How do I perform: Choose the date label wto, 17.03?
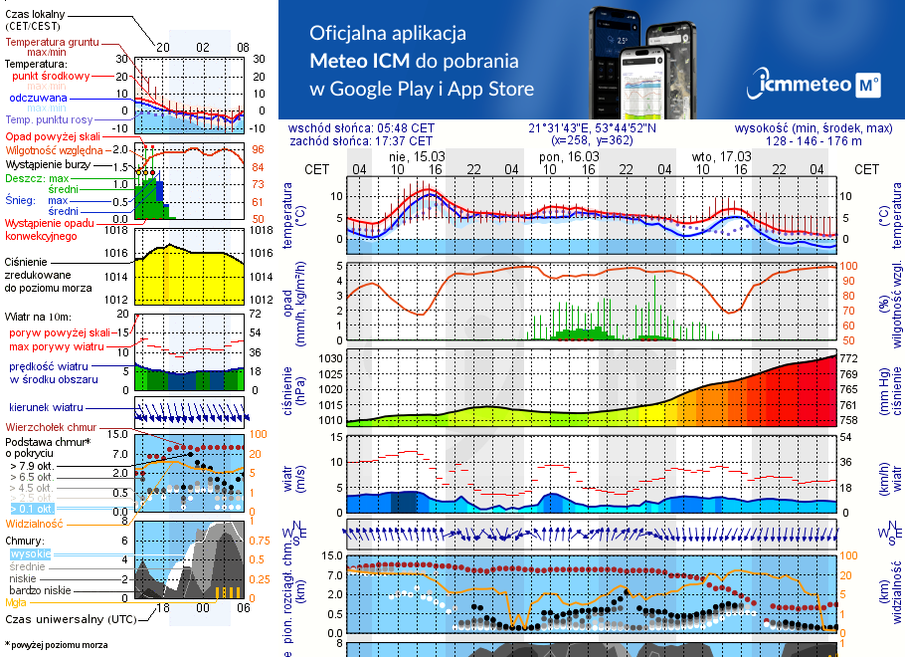pyautogui.click(x=722, y=156)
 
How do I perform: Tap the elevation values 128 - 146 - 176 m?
pyautogui.click(x=814, y=141)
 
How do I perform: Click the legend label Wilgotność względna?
pyautogui.click(x=54, y=149)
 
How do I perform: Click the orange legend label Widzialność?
pyautogui.click(x=35, y=522)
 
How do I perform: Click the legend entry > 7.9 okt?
pyautogui.click(x=30, y=465)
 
